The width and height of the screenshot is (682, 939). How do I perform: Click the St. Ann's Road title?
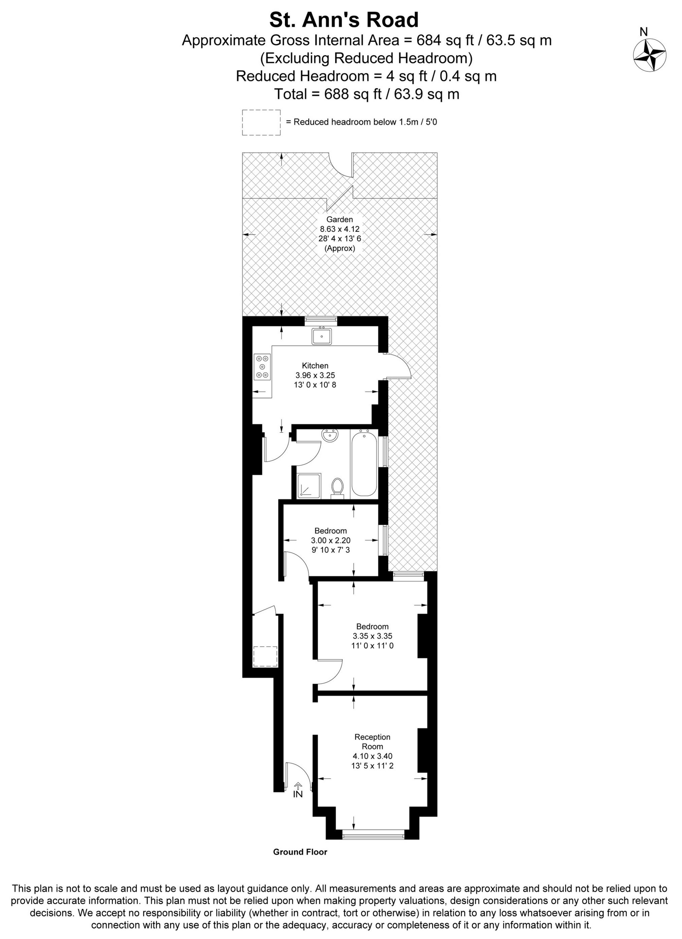344,20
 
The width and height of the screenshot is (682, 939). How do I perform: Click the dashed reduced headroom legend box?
261,122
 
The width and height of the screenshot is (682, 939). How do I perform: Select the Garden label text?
339,219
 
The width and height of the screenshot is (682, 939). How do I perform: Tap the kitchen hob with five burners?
262,366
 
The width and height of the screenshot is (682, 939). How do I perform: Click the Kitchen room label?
315,366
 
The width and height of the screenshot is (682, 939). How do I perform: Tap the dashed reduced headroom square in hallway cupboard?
265,656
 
